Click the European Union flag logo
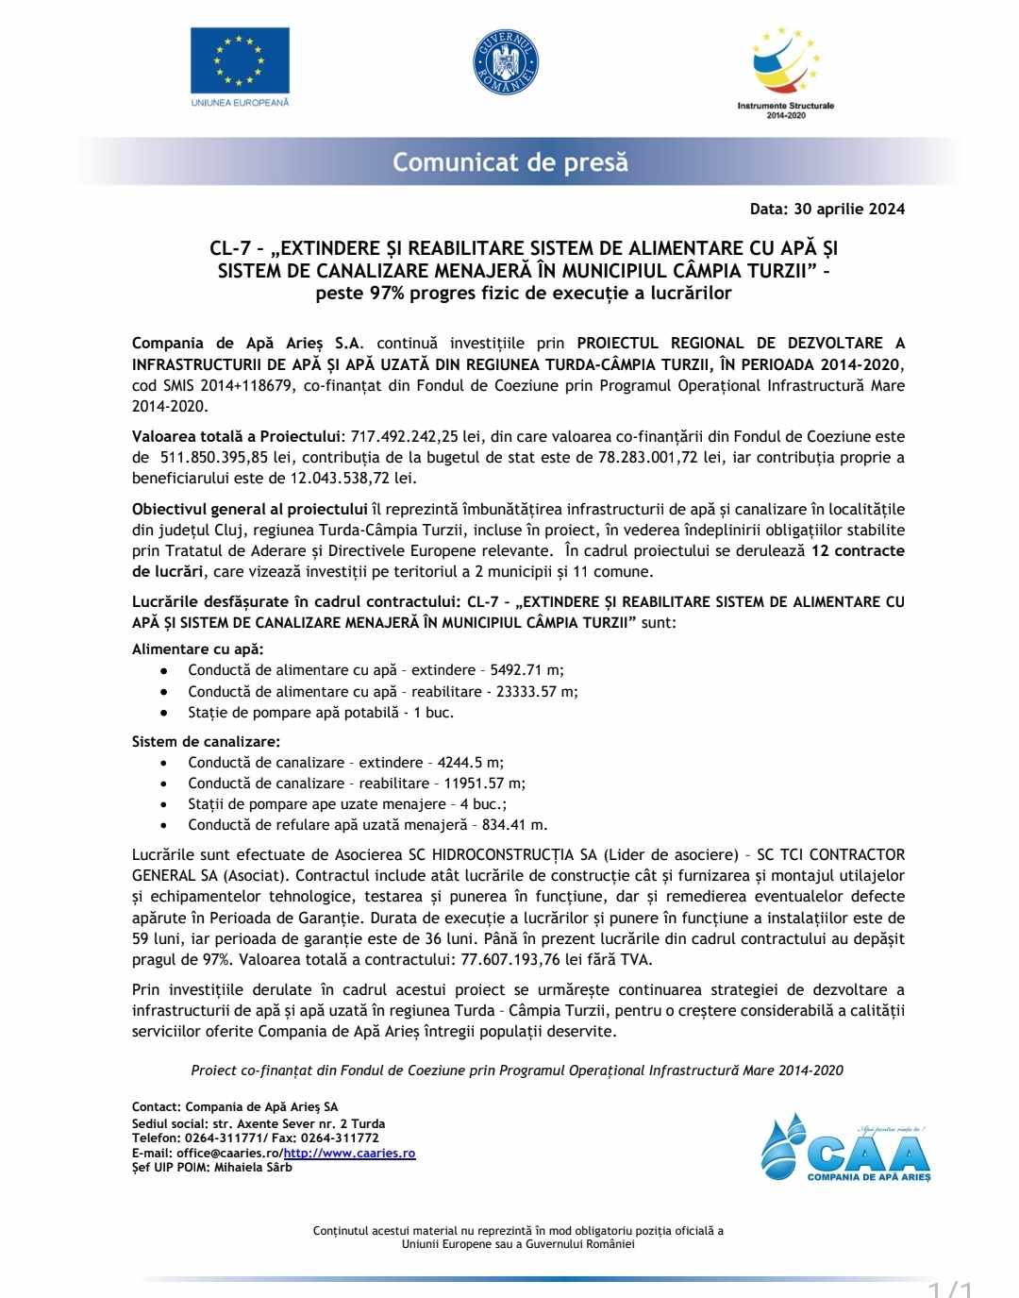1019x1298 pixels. pyautogui.click(x=240, y=60)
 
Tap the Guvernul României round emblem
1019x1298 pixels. pyautogui.click(x=505, y=62)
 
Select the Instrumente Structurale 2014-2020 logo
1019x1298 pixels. pyautogui.click(x=785, y=71)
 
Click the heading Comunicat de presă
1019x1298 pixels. pyautogui.click(x=509, y=162)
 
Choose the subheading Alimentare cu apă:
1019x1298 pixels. pyautogui.click(x=198, y=649)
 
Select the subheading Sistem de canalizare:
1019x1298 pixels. pyautogui.click(x=206, y=742)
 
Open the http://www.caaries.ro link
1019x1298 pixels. pyautogui.click(x=350, y=1153)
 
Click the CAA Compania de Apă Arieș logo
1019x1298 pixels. pyautogui.click(x=846, y=1148)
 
